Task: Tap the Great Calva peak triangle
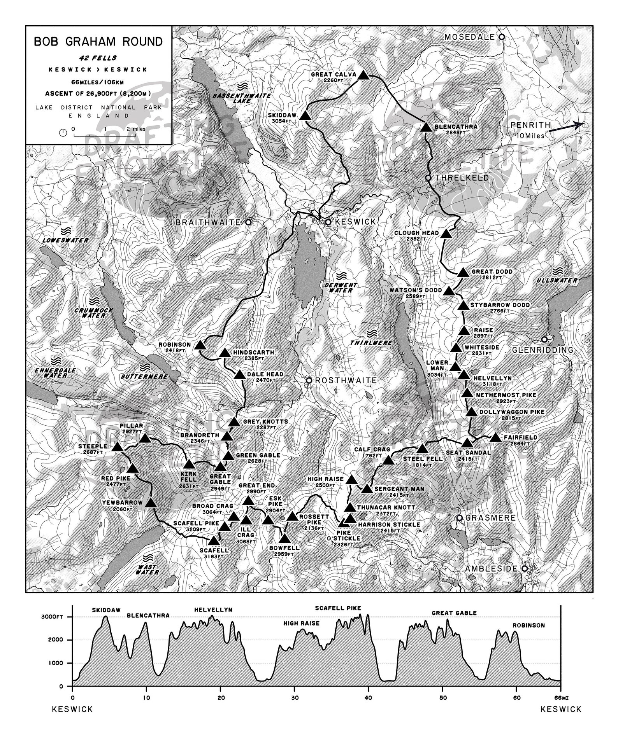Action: click(363, 75)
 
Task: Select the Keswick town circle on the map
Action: click(328, 222)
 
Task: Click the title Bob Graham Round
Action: click(98, 42)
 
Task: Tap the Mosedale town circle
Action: click(502, 37)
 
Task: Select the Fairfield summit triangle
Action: click(495, 437)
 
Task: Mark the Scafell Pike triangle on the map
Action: click(225, 526)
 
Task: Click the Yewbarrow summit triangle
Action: click(151, 503)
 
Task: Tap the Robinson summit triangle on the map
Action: click(200, 345)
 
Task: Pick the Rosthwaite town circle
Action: click(309, 380)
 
